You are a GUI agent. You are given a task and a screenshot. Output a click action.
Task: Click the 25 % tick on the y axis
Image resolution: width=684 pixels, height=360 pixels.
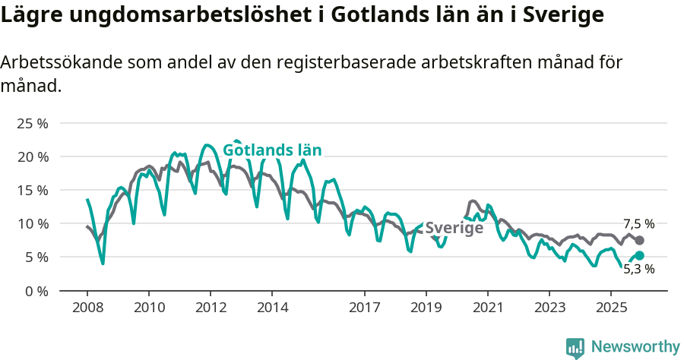32,123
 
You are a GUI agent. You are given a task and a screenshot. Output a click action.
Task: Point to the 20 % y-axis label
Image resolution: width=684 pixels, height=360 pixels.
32,156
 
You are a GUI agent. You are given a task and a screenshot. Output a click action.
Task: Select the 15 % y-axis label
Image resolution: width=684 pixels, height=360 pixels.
32,190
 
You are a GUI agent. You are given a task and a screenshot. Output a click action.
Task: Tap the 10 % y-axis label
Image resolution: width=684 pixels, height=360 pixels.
32,223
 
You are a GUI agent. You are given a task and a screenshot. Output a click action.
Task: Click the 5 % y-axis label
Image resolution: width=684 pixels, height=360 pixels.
36,257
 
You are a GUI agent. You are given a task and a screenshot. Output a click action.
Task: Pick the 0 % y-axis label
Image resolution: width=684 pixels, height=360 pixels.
36,290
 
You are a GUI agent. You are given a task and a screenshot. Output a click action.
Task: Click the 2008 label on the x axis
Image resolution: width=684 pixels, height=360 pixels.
87,308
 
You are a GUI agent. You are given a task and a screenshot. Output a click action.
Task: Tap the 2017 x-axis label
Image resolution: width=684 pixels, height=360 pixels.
364,308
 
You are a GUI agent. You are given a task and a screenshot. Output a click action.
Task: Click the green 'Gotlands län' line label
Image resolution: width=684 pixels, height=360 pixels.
272,150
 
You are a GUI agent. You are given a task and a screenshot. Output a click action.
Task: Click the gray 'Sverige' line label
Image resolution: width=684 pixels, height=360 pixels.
454,229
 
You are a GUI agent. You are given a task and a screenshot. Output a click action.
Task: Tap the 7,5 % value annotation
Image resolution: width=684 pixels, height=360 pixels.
638,224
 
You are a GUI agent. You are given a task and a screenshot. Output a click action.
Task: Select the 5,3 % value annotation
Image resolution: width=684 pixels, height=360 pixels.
638,269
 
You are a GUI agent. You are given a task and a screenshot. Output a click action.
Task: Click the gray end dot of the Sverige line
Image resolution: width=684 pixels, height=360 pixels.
639,240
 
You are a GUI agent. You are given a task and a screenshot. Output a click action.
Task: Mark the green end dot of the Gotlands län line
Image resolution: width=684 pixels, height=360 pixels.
639,256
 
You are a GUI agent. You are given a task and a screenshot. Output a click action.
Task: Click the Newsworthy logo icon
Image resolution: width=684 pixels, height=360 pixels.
575,347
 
